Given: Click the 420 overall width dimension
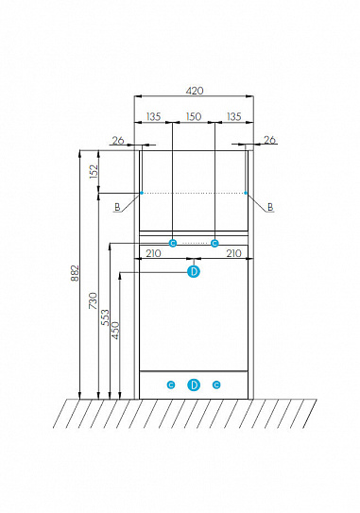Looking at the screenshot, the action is coord(195,91).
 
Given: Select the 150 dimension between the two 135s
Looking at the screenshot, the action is coord(194,116).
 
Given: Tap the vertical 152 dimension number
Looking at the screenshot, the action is coord(94,171).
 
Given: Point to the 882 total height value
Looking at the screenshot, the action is coord(75,273).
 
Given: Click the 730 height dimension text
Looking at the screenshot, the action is coord(94,300).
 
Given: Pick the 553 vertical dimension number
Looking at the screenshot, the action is coord(105,317).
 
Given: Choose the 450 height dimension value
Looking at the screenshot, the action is coord(116,331).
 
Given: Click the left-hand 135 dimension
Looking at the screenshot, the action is coord(153,116).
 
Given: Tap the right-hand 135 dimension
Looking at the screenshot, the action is coord(234,116).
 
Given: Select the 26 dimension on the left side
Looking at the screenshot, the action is coord(118,141).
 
